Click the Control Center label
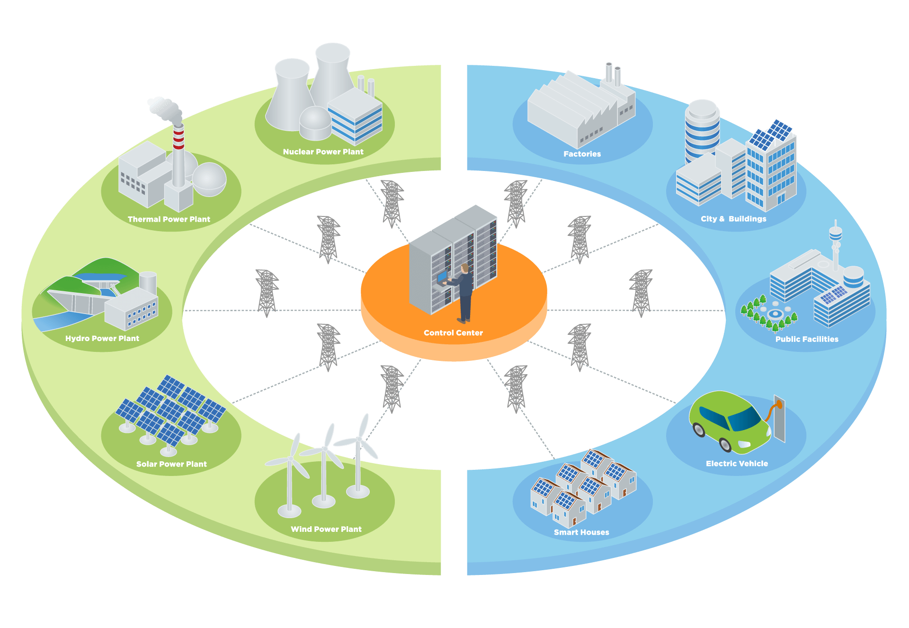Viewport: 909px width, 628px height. [453, 333]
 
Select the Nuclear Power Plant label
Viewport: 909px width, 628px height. [323, 152]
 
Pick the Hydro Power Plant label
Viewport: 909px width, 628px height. [102, 338]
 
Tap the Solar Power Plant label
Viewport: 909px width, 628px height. [171, 464]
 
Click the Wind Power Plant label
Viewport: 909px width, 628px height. [326, 529]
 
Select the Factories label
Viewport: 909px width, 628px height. [582, 154]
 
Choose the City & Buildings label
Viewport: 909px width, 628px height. [733, 219]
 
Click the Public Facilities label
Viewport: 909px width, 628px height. [807, 339]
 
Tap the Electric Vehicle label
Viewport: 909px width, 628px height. [737, 464]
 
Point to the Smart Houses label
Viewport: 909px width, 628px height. [581, 532]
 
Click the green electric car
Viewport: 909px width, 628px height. [730, 422]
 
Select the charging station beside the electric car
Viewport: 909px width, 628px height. [779, 419]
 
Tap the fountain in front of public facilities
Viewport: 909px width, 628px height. [775, 313]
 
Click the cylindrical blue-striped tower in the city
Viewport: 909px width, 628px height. [702, 130]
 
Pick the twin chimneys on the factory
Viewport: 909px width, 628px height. [613, 74]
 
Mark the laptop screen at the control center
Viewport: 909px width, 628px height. [442, 276]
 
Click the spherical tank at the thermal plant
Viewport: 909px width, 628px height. [209, 179]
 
